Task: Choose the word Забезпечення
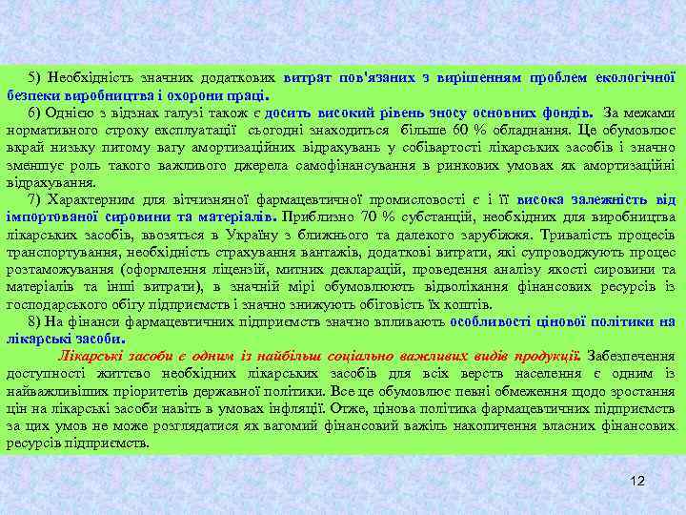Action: (x=631, y=356)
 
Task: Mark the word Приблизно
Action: (x=314, y=216)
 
